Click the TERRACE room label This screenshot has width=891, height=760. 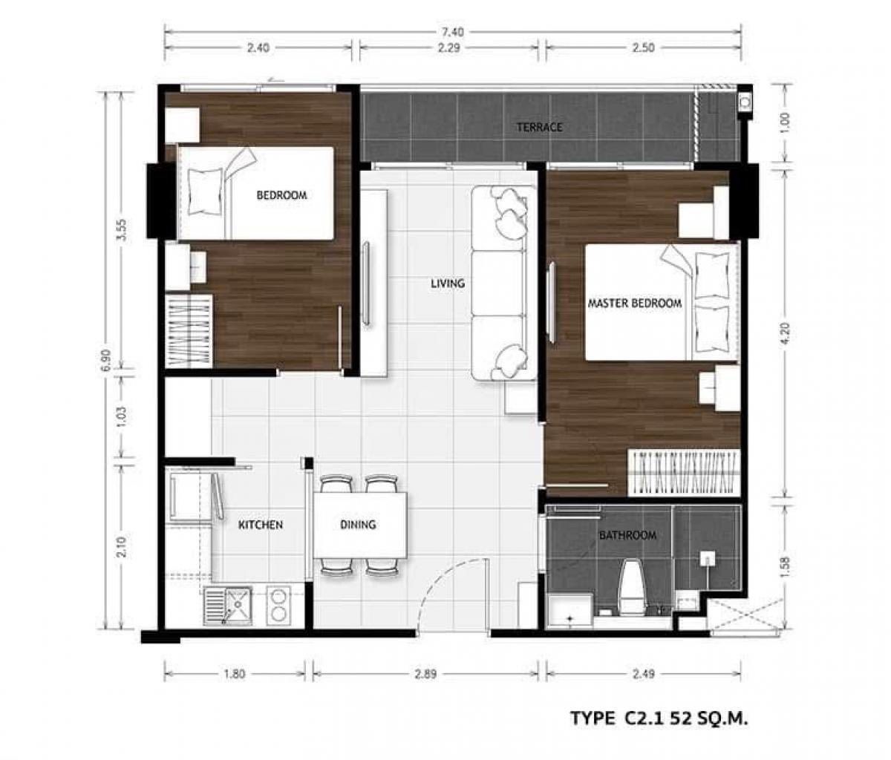pos(539,127)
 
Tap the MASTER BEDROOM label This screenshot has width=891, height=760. pos(635,304)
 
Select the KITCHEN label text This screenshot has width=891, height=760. pos(261,525)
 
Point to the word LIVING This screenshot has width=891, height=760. pos(448,284)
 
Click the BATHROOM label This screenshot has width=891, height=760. pos(627,536)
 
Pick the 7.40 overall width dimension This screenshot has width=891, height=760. pos(453,32)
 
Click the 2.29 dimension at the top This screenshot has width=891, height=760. pos(448,47)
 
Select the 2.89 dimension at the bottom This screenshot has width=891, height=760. pos(425,674)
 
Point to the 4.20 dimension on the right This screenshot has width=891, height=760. pos(785,333)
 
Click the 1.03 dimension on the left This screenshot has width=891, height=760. pos(122,416)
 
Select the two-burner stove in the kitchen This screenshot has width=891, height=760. pos(279,606)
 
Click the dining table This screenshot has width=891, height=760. pos(360,525)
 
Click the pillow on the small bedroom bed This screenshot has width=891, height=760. pos(206,191)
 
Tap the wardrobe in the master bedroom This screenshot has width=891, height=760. pos(684,473)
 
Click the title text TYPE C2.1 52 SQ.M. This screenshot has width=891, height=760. pos(659,718)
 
